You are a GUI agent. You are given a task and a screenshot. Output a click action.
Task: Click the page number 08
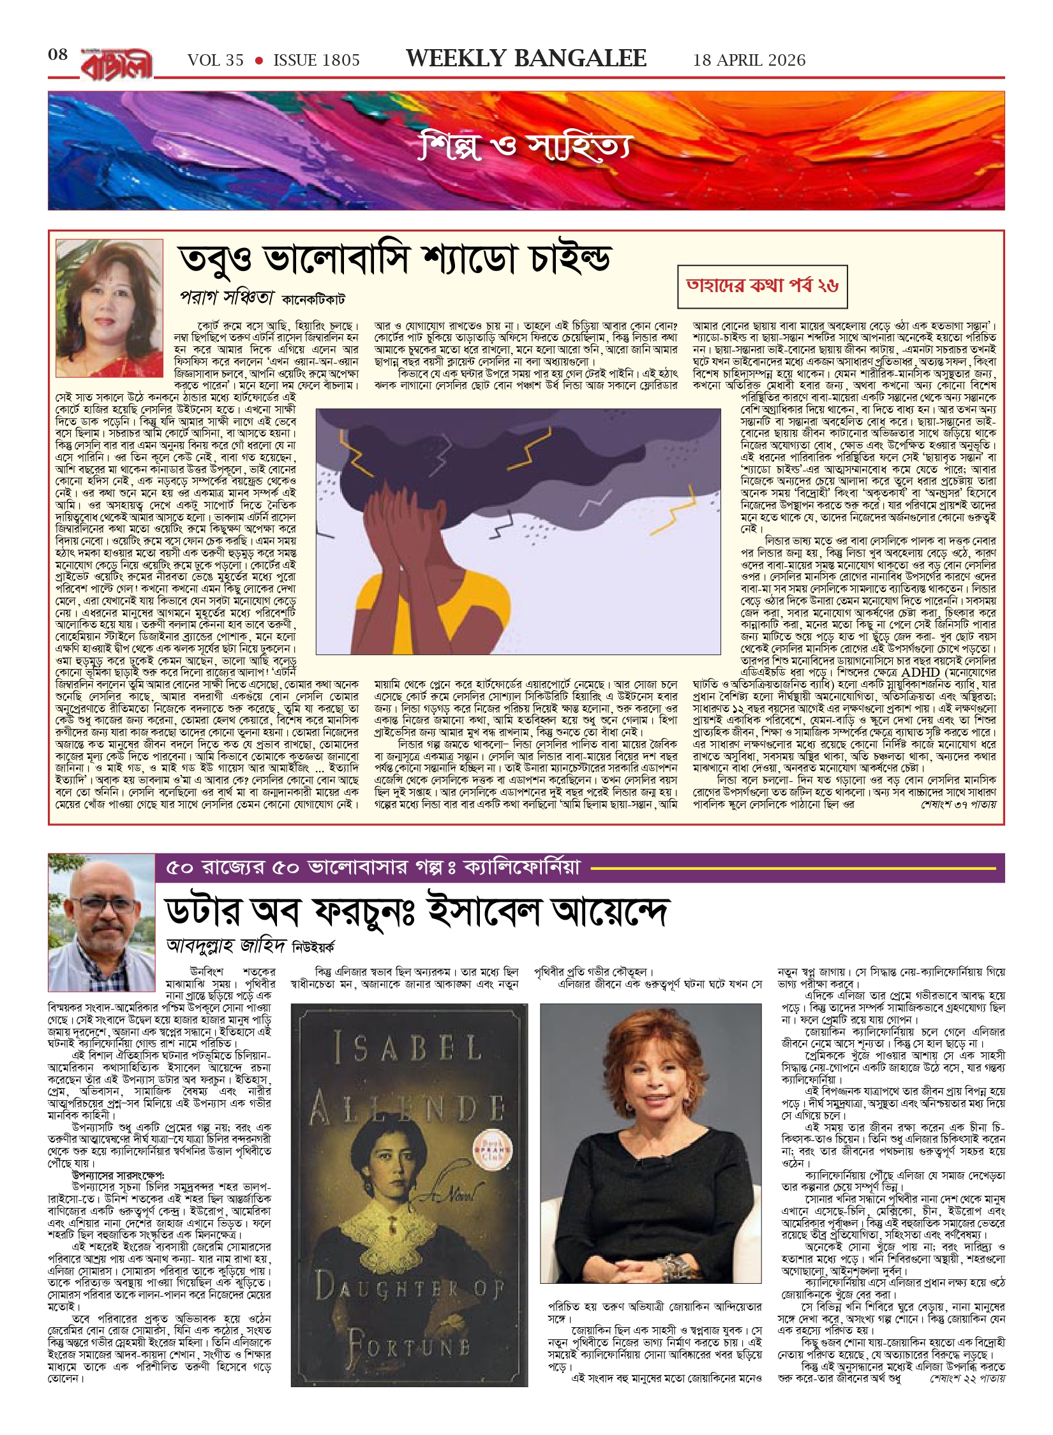(x=57, y=55)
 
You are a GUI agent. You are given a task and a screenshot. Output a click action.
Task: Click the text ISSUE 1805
(x=317, y=61)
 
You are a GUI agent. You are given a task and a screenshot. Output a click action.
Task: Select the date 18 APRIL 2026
(x=749, y=61)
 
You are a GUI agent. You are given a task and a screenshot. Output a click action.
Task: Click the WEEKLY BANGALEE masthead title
(x=526, y=59)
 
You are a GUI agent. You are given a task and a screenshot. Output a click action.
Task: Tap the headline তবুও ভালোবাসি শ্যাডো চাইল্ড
(x=394, y=258)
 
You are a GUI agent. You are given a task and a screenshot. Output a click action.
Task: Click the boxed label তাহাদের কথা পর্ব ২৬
(x=762, y=285)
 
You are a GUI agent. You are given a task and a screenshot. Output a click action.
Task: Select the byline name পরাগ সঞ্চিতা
(x=227, y=297)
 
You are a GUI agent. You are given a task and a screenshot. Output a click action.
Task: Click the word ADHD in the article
(x=922, y=672)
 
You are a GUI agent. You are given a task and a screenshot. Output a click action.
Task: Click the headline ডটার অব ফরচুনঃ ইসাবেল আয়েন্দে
(x=417, y=911)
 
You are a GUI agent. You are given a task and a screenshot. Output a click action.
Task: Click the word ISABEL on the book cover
(x=408, y=1048)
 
